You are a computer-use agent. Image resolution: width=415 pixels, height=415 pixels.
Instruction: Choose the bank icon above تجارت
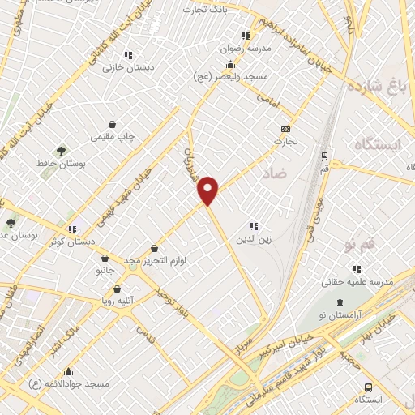coord(285,129)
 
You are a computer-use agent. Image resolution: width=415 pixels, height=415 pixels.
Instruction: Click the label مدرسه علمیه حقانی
coord(357,282)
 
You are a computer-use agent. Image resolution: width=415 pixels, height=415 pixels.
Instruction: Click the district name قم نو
coord(361,243)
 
